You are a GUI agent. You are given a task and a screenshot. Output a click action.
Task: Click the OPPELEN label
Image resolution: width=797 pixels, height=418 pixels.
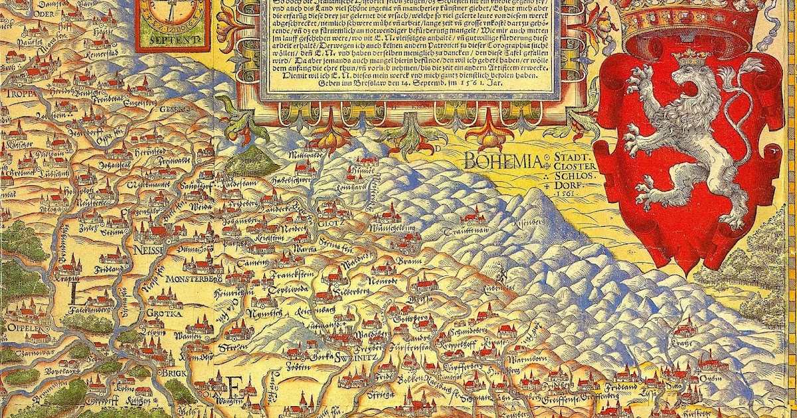click(x=22, y=326)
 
